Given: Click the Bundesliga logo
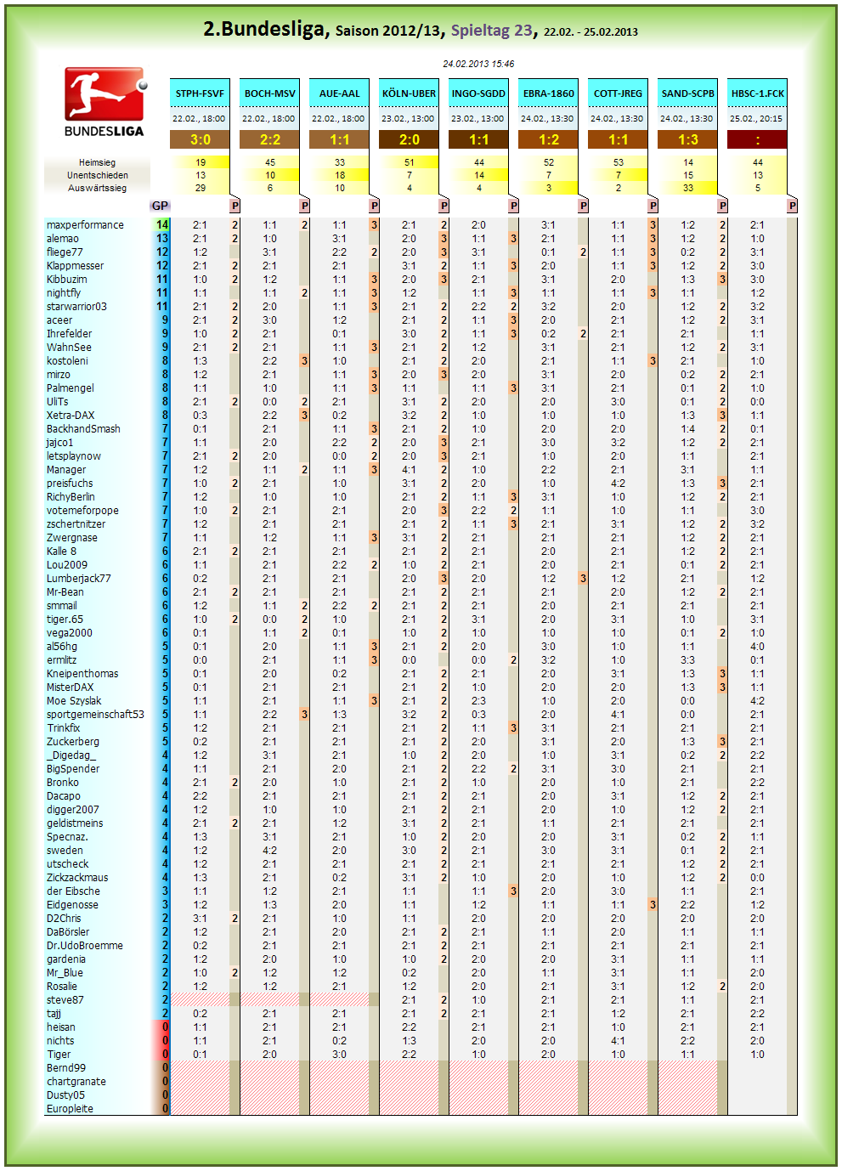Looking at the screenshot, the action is click(104, 102).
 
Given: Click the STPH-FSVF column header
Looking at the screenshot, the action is click(200, 93).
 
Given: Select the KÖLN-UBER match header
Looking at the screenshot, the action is click(409, 93).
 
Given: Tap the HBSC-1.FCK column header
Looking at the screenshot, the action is click(757, 93).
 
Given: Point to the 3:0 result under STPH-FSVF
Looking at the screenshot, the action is click(200, 139).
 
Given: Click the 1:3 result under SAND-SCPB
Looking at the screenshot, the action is click(688, 139).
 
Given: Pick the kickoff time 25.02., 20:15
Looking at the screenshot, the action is click(756, 119).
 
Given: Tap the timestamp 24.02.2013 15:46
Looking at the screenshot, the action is click(478, 64).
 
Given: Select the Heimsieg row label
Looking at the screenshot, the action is click(97, 162).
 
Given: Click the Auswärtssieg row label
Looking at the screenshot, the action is click(97, 188).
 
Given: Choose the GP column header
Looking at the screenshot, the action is click(160, 206).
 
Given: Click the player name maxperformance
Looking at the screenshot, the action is click(85, 225).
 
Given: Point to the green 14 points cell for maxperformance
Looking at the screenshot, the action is click(162, 225).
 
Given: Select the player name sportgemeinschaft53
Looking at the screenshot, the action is click(95, 714).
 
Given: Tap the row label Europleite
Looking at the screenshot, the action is click(70, 1108).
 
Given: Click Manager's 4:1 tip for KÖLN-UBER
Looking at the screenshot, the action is click(409, 469).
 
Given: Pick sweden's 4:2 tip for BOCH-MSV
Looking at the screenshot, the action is click(269, 850).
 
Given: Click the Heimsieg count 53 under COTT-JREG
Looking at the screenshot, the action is click(619, 162).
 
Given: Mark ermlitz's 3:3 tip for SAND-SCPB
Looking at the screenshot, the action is click(688, 659).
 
